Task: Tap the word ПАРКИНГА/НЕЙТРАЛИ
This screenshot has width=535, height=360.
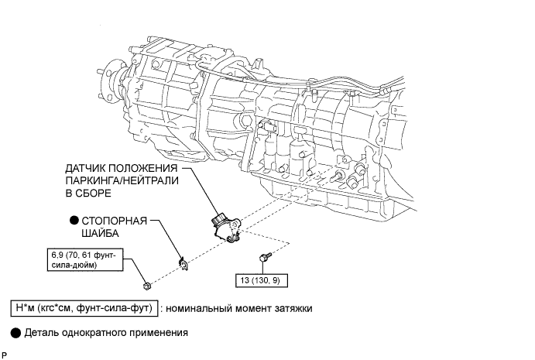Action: [122, 180]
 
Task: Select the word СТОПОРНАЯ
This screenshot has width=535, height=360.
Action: [115, 221]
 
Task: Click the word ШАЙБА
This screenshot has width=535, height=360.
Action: [100, 233]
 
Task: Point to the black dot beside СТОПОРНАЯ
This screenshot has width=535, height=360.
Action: [74, 221]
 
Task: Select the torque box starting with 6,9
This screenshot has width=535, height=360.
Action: [85, 259]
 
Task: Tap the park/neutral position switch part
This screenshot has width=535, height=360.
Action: [225, 228]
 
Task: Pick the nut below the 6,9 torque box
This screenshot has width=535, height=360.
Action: [146, 286]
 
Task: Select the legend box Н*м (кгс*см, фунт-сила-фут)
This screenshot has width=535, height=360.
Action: [84, 308]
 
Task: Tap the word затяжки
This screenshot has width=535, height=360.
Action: [293, 308]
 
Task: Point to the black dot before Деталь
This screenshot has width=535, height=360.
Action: [15, 333]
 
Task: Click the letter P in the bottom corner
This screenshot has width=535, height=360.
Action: [4, 355]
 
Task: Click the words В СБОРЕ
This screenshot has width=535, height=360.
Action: [88, 193]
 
